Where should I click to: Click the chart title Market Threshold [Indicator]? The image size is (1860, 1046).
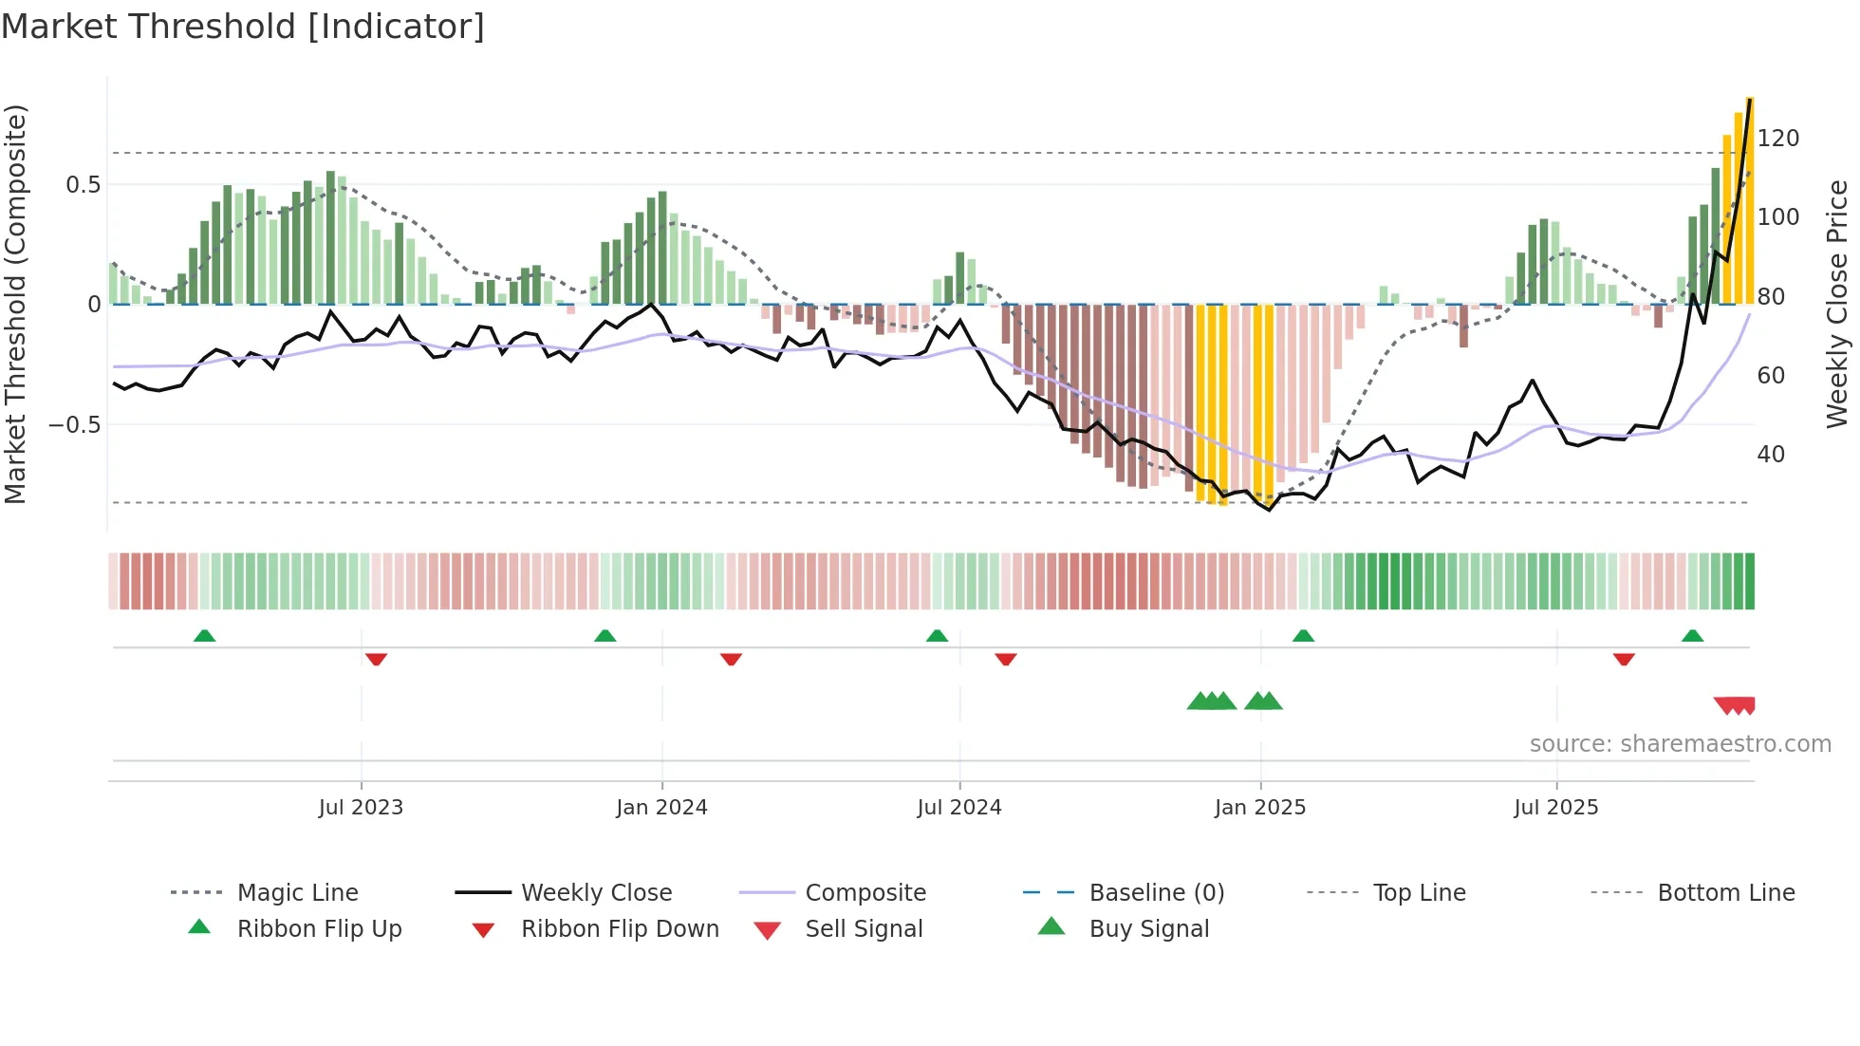(x=243, y=27)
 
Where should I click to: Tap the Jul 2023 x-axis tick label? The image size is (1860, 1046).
(x=361, y=808)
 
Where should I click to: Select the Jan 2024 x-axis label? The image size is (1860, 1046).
(x=661, y=808)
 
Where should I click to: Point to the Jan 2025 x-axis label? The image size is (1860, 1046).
(x=1260, y=808)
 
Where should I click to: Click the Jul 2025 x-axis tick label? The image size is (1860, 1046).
(x=1556, y=808)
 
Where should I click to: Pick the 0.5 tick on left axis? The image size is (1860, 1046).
(x=84, y=185)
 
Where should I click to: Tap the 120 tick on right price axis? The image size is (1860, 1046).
(x=1777, y=139)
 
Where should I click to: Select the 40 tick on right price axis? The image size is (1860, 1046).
(x=1770, y=455)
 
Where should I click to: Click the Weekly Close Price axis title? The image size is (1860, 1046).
(x=1837, y=304)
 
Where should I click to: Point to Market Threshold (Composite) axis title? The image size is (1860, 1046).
(x=15, y=304)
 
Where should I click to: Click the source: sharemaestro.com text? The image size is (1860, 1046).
(x=1680, y=744)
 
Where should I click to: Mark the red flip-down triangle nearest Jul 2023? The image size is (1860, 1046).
(x=376, y=659)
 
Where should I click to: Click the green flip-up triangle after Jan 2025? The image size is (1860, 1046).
(x=1303, y=636)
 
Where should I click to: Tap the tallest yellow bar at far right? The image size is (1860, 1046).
(x=1749, y=199)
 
